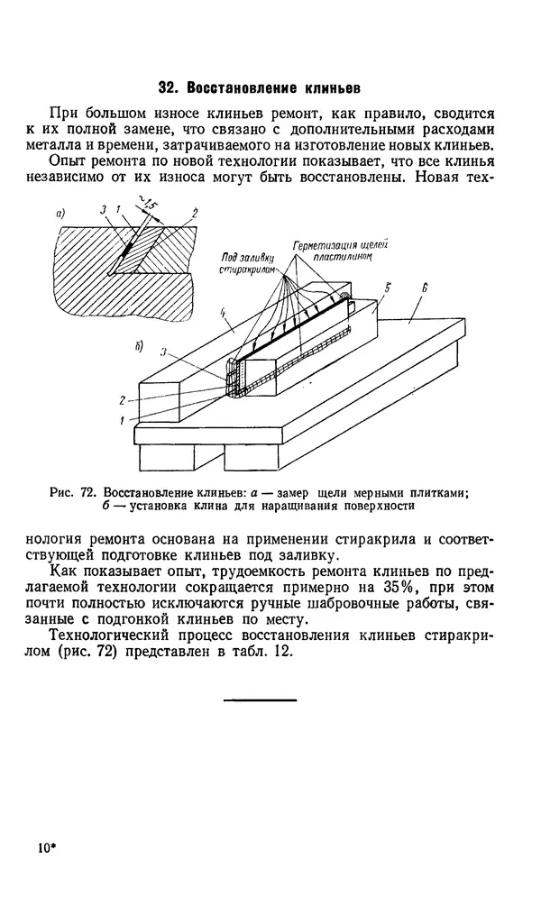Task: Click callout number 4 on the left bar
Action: click(222, 313)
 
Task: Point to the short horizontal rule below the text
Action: click(247, 700)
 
